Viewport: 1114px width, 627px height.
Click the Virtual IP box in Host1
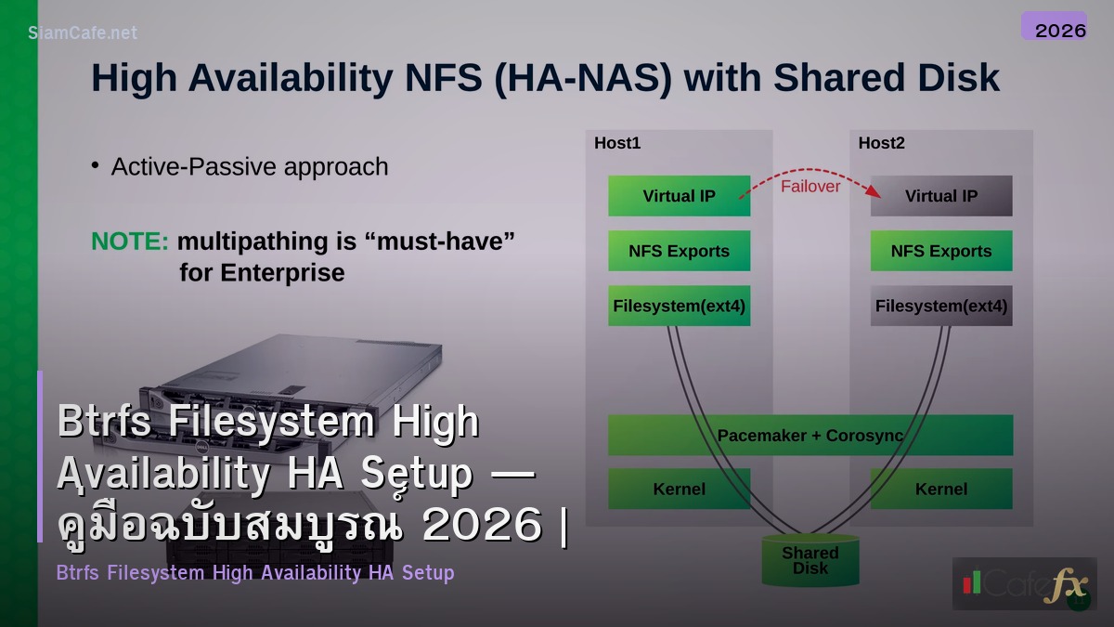tap(679, 196)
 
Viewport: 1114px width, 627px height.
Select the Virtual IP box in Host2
tap(940, 196)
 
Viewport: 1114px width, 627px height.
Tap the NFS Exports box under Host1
tap(679, 251)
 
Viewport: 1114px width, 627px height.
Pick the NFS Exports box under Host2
tap(940, 251)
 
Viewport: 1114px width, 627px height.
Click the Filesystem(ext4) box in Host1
tap(679, 306)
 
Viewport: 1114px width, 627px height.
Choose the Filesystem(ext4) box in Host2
tap(940, 306)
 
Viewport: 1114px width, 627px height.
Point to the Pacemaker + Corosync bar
tap(810, 435)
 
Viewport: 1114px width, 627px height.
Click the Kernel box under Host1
tap(679, 489)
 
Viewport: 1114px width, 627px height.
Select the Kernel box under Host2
tap(940, 489)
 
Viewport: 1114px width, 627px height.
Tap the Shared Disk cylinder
tap(810, 560)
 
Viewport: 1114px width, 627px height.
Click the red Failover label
tap(810, 187)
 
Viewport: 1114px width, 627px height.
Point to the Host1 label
tap(617, 143)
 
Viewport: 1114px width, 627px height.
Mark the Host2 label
tap(881, 143)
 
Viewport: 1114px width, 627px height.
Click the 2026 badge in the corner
tap(1059, 30)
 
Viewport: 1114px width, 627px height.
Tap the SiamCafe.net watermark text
tap(83, 33)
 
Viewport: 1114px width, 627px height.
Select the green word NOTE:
tap(130, 242)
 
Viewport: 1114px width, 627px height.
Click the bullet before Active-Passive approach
tap(95, 165)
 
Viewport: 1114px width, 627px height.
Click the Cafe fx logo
tap(1024, 584)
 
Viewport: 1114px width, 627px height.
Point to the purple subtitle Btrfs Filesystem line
tap(255, 572)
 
